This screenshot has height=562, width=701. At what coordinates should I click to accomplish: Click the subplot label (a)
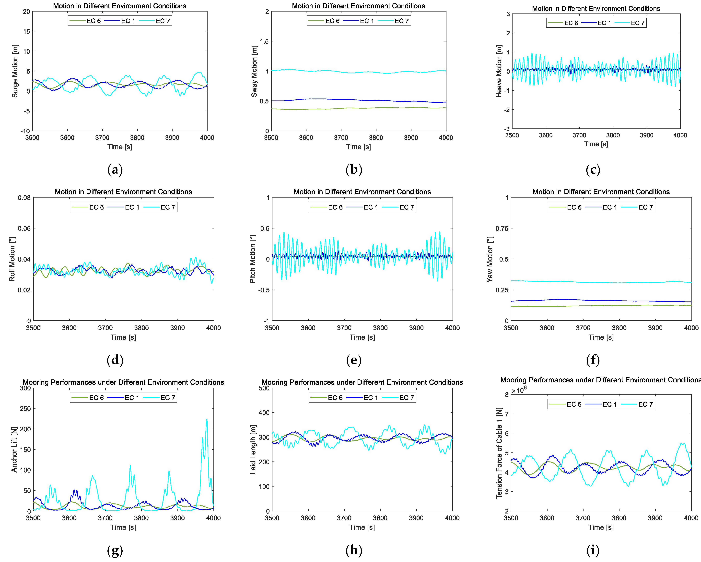pos(115,170)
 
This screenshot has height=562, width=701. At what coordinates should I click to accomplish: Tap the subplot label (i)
pos(593,550)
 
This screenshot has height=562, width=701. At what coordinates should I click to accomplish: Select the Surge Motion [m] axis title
pos(15,71)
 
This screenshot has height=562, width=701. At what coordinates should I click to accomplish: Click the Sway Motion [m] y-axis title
pos(254,71)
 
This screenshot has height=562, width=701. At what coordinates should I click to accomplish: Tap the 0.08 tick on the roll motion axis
pos(24,198)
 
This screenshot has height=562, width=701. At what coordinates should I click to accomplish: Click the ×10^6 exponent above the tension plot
pos(519,390)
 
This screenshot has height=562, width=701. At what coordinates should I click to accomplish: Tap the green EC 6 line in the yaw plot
pos(585,306)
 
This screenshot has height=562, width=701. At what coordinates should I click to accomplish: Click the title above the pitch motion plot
pos(362,192)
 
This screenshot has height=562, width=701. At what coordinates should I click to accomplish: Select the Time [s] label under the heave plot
pos(596,144)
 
